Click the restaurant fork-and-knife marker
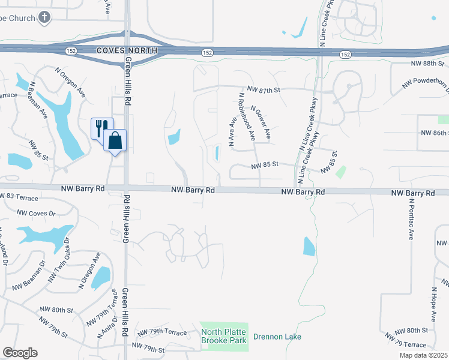[101, 127]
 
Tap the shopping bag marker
[115, 141]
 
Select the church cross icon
[44, 17]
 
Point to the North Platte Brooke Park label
[223, 336]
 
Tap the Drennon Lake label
[277, 337]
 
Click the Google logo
[20, 353]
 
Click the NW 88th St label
[427, 64]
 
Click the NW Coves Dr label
[36, 213]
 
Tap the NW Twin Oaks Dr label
[59, 260]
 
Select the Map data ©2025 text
[423, 355]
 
